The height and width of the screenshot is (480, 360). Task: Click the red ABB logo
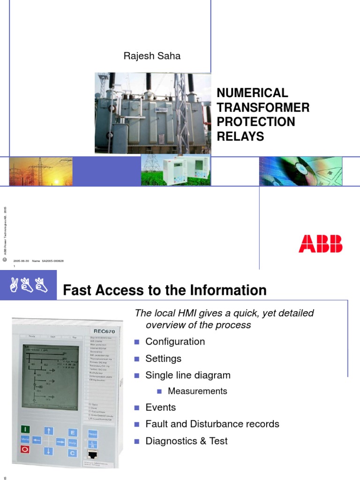[321, 244]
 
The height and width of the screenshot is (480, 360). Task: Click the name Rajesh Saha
[152, 56]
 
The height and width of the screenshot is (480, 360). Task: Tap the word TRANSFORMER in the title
[263, 107]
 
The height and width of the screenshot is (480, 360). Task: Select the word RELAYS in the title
[240, 136]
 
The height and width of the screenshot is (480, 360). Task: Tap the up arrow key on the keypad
[49, 430]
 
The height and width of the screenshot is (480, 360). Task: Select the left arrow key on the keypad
[37, 441]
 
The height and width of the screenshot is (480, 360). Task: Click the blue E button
[72, 432]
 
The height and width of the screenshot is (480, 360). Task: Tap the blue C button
[72, 452]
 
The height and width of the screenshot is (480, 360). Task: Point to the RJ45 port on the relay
[93, 454]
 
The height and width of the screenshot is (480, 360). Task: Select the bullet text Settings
[163, 359]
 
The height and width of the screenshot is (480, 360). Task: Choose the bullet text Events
[161, 407]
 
